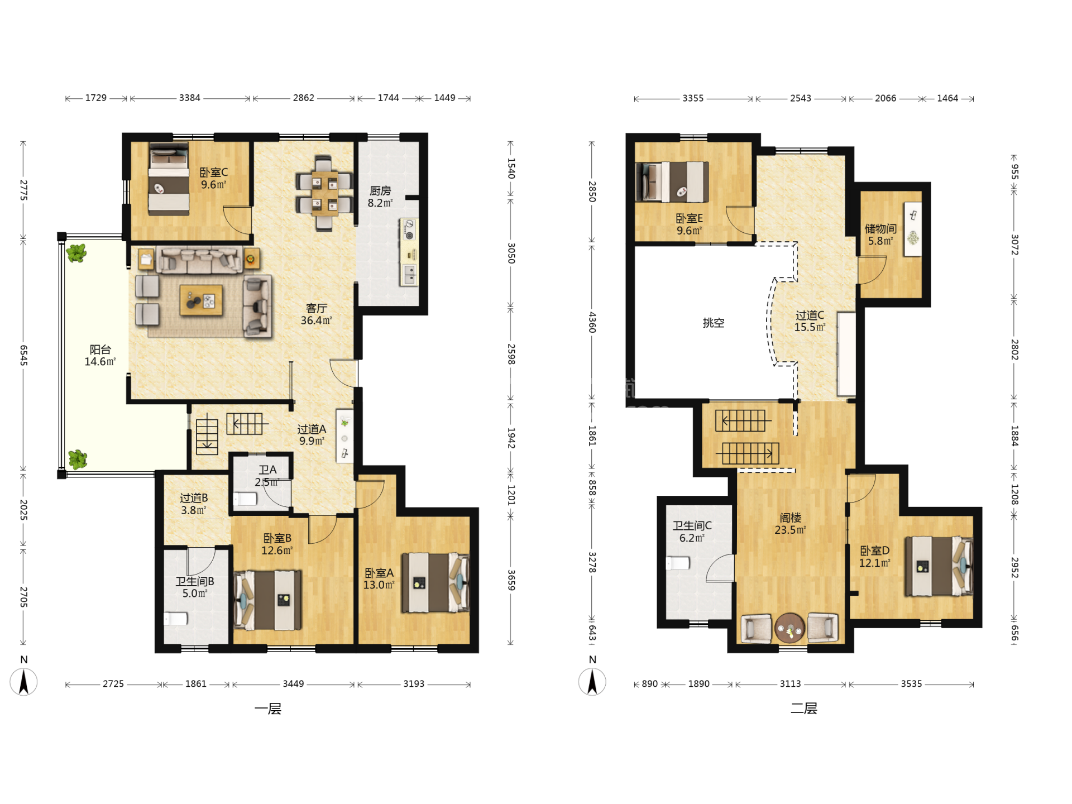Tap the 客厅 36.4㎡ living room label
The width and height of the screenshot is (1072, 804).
pyautogui.click(x=316, y=314)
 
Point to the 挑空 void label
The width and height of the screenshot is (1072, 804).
pyautogui.click(x=713, y=323)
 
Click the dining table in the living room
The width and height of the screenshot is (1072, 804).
pyautogui.click(x=324, y=193)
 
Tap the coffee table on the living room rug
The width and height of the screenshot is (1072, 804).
pyautogui.click(x=201, y=300)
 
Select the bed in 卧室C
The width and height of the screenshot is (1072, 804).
pyautogui.click(x=169, y=179)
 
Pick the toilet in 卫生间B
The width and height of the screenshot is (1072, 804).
pyautogui.click(x=175, y=619)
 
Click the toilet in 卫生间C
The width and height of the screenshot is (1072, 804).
pyautogui.click(x=677, y=563)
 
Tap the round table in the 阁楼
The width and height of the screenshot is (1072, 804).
pyautogui.click(x=789, y=628)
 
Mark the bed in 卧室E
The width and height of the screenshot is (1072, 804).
pyautogui.click(x=672, y=181)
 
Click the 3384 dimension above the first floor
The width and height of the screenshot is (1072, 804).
pyautogui.click(x=190, y=98)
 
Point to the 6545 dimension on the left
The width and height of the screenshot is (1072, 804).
pyautogui.click(x=23, y=355)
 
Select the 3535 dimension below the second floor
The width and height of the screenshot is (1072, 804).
pyautogui.click(x=911, y=684)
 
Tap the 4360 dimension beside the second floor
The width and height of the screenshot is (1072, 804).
pyautogui.click(x=592, y=322)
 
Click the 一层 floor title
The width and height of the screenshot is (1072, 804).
pyautogui.click(x=268, y=709)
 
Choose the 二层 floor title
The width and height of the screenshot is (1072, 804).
pyautogui.click(x=804, y=709)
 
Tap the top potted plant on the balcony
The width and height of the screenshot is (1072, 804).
pyautogui.click(x=76, y=253)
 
